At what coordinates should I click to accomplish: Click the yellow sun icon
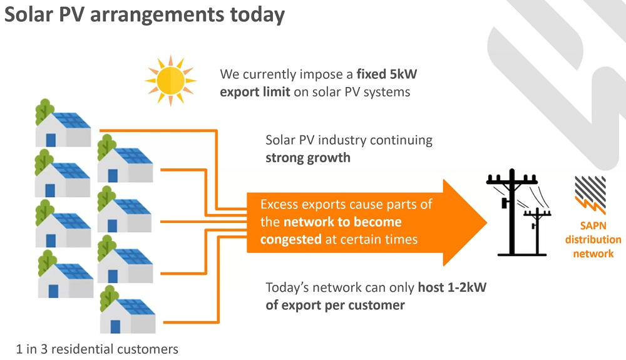click(170, 80)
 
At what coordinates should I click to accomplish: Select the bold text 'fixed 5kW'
click(387, 75)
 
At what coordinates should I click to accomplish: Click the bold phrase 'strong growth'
click(307, 157)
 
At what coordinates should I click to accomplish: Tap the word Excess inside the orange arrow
click(279, 205)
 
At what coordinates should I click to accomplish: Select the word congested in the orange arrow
click(290, 239)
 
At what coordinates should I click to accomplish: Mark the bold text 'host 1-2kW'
click(450, 288)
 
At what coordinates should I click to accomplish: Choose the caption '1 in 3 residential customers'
click(97, 349)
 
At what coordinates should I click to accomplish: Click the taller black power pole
click(511, 213)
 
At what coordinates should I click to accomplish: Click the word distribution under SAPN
click(593, 240)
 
